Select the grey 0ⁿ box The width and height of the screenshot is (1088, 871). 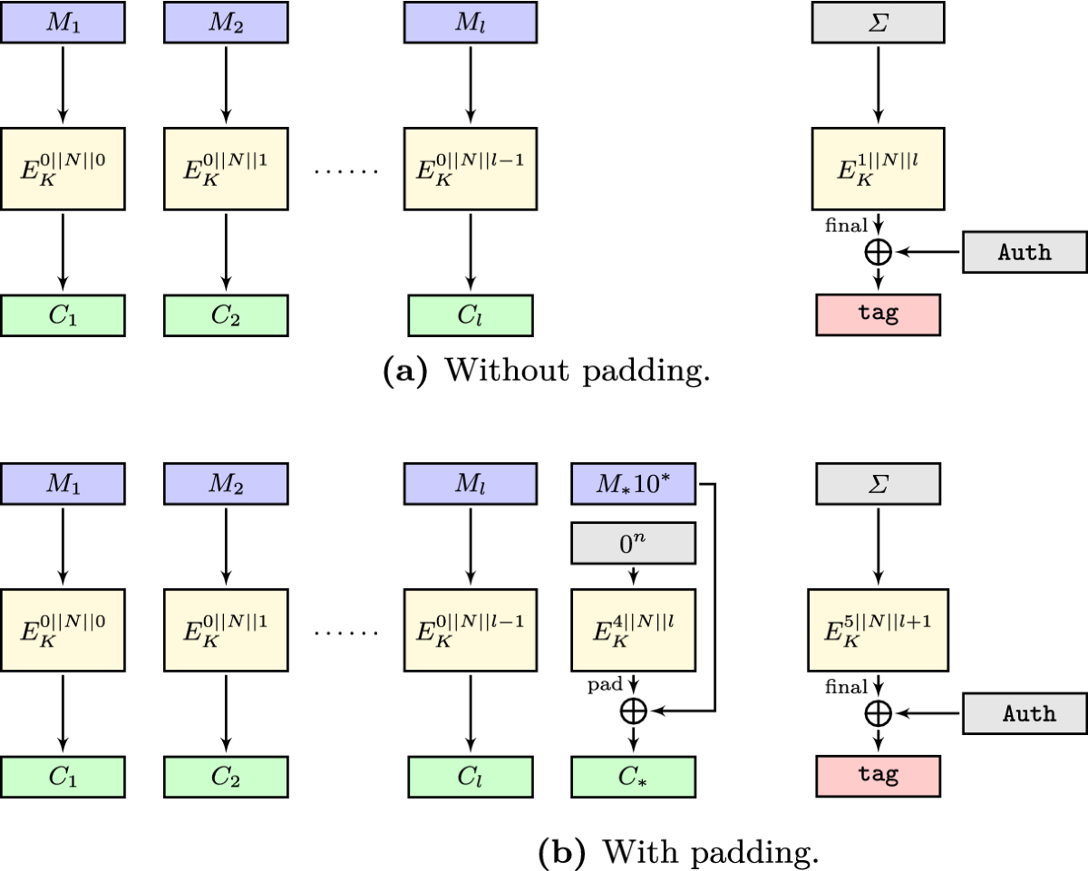pyautogui.click(x=633, y=544)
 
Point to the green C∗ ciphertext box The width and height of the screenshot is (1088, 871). pyautogui.click(x=633, y=777)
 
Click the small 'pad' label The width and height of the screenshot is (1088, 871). pyautogui.click(x=603, y=686)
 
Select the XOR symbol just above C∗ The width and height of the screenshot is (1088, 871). pyautogui.click(x=633, y=711)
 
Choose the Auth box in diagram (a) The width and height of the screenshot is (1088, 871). pyautogui.click(x=1024, y=252)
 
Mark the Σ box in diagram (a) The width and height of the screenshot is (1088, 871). pyautogui.click(x=876, y=22)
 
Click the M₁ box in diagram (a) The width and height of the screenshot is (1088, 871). pyautogui.click(x=62, y=22)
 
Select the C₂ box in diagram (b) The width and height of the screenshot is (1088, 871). pyautogui.click(x=225, y=777)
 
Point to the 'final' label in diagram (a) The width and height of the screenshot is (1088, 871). pyautogui.click(x=846, y=224)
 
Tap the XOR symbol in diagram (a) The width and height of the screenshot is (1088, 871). pyautogui.click(x=877, y=252)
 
